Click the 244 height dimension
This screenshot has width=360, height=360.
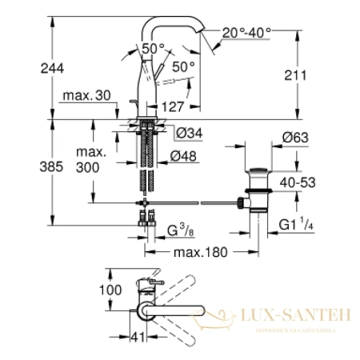(18, 69)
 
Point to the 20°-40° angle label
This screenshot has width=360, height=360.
(247, 33)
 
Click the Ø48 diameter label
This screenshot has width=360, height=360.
(186, 157)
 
